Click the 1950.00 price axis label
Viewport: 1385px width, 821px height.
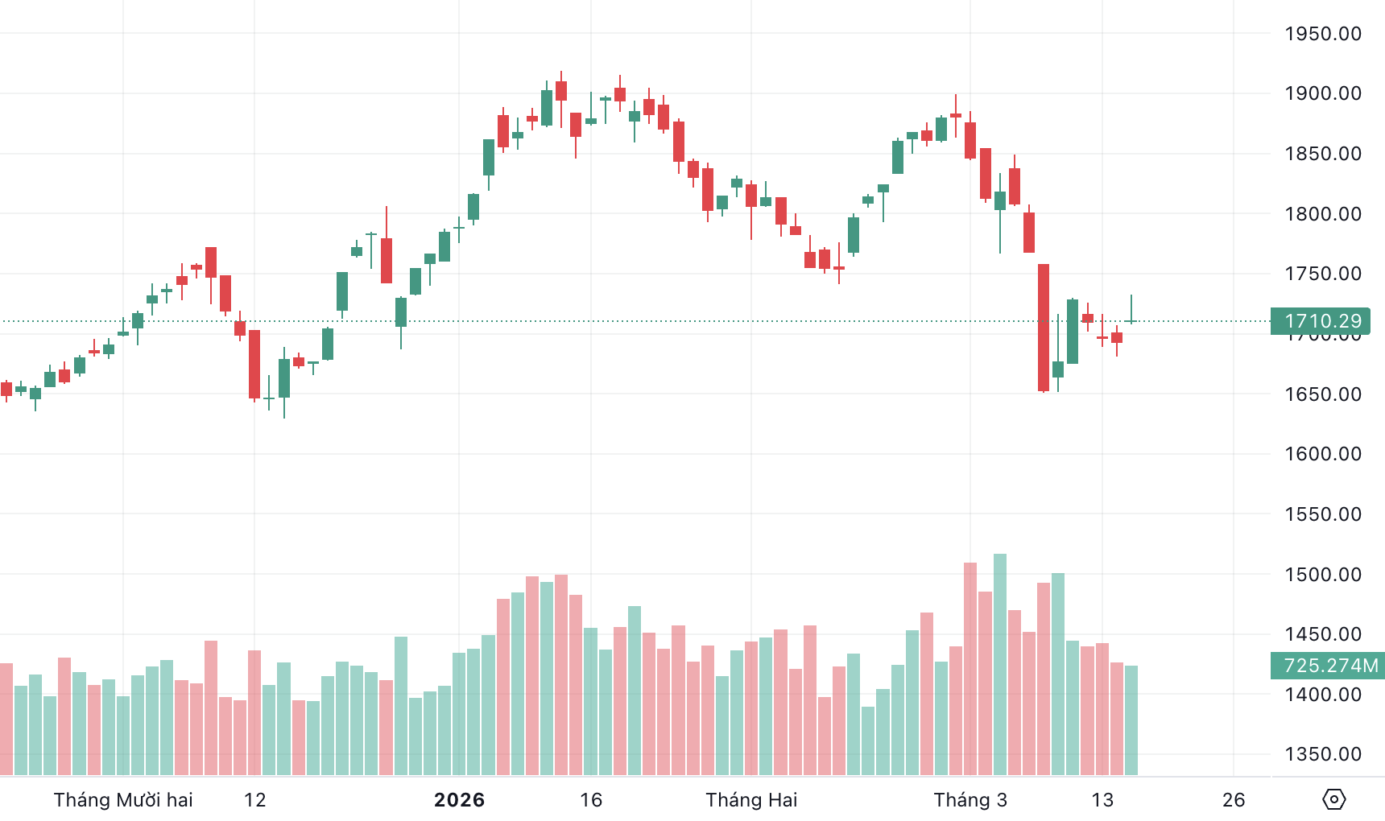(x=1322, y=34)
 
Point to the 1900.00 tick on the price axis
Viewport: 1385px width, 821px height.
(x=1322, y=93)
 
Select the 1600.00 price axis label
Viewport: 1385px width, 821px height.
(x=1322, y=454)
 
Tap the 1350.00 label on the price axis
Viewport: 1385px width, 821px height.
(x=1322, y=754)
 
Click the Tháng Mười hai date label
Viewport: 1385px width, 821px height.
(x=123, y=800)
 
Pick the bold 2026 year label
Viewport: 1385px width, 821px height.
(x=459, y=800)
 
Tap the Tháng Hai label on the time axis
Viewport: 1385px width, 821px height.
(x=751, y=800)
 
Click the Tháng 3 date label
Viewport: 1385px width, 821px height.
(x=970, y=800)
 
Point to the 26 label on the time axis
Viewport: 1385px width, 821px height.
(x=1234, y=800)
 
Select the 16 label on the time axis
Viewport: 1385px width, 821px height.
(x=591, y=800)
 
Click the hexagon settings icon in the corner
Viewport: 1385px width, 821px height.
(x=1334, y=799)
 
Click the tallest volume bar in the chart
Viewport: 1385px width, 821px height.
(x=1000, y=664)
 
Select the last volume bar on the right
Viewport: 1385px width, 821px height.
(x=1131, y=720)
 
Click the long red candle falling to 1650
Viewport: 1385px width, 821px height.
(x=1044, y=328)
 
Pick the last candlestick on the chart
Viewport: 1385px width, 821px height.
(x=1131, y=320)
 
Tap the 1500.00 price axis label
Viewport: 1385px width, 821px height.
(x=1322, y=575)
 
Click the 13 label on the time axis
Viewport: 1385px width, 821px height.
(x=1102, y=800)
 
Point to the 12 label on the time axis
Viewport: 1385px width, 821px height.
(x=254, y=800)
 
